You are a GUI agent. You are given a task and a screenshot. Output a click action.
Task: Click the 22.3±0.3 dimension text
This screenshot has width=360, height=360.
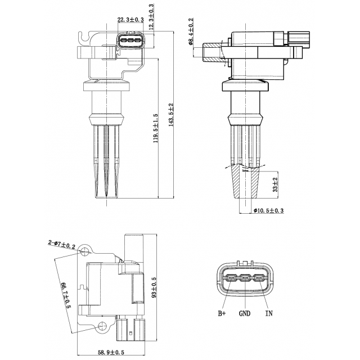[x=130, y=20]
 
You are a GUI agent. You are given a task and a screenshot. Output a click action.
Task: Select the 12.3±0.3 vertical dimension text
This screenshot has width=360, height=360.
[x=151, y=17]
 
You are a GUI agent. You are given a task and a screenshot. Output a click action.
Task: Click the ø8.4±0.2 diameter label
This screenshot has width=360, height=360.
[x=191, y=31]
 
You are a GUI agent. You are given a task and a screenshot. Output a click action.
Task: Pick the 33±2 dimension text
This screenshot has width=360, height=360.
[x=275, y=184]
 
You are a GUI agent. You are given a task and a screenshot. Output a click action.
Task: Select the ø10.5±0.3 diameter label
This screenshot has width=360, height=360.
[x=268, y=210]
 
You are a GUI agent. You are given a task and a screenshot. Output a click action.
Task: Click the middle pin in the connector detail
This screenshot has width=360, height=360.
[x=245, y=278]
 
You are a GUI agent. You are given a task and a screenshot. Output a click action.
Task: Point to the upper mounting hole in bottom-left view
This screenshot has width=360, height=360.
[x=85, y=250]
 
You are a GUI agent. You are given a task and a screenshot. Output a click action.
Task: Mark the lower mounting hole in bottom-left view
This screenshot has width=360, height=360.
[x=102, y=326]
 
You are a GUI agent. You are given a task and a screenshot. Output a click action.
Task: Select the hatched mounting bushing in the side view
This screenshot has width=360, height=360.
[x=210, y=52]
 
